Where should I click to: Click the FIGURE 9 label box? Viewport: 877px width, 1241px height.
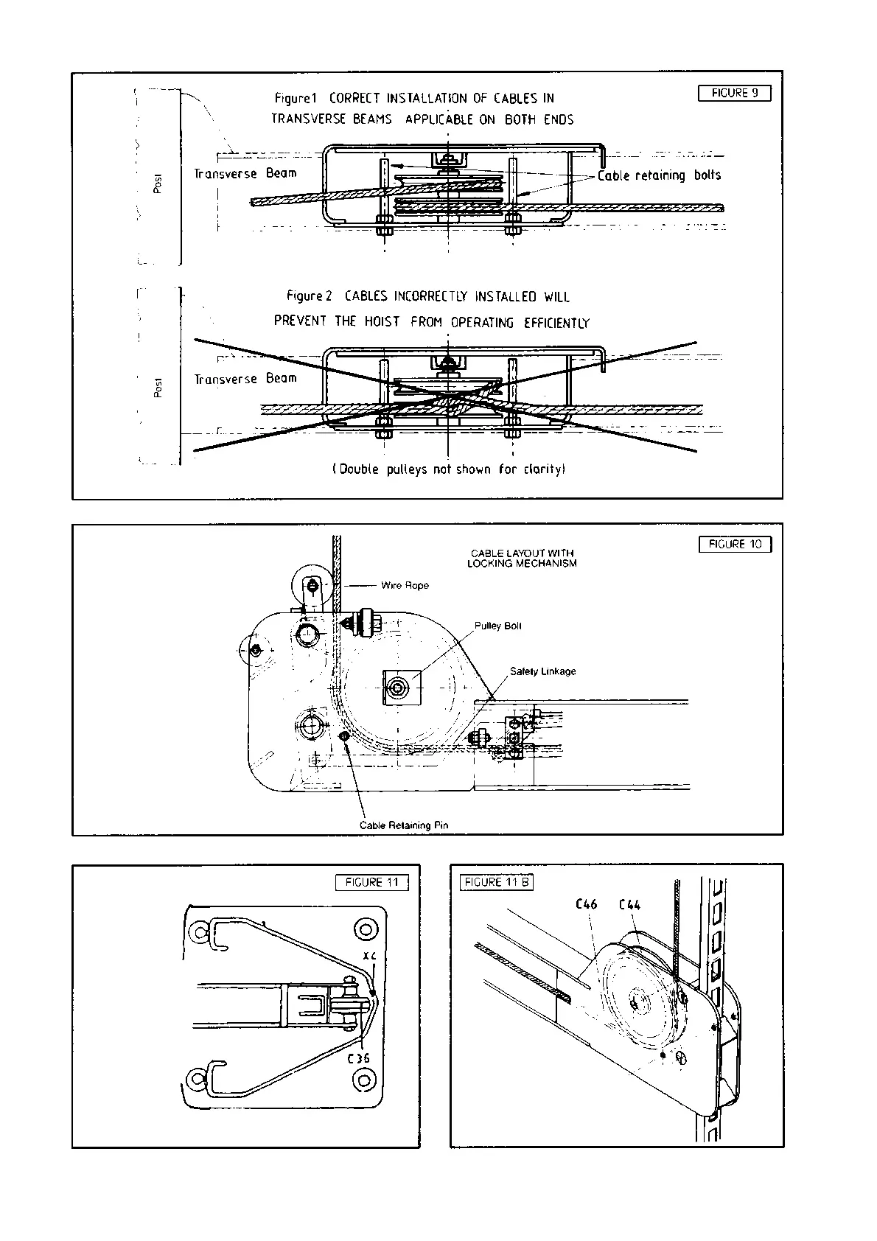click(x=734, y=93)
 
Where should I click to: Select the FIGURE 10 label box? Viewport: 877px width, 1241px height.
click(x=735, y=545)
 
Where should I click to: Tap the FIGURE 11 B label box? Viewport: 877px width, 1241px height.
click(x=496, y=882)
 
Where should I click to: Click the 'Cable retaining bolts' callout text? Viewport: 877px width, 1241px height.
click(x=659, y=175)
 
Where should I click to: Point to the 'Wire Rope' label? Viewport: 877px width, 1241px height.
click(x=405, y=585)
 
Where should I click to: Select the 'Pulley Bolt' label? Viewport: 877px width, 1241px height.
click(x=497, y=626)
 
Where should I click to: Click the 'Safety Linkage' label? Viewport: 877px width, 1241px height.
click(x=542, y=671)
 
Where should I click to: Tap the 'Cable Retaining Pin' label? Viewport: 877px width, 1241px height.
click(x=403, y=825)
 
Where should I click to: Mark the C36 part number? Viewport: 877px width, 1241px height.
click(x=358, y=1058)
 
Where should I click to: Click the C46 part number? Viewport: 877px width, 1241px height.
click(x=586, y=904)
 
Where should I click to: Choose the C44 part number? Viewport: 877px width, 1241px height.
click(x=629, y=904)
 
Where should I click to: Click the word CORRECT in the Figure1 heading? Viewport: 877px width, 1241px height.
click(x=354, y=98)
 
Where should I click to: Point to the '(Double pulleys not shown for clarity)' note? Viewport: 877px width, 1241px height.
click(x=449, y=469)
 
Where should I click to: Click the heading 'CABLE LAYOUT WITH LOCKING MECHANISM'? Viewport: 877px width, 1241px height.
click(x=522, y=558)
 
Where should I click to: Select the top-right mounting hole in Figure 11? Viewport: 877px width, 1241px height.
click(x=364, y=927)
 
